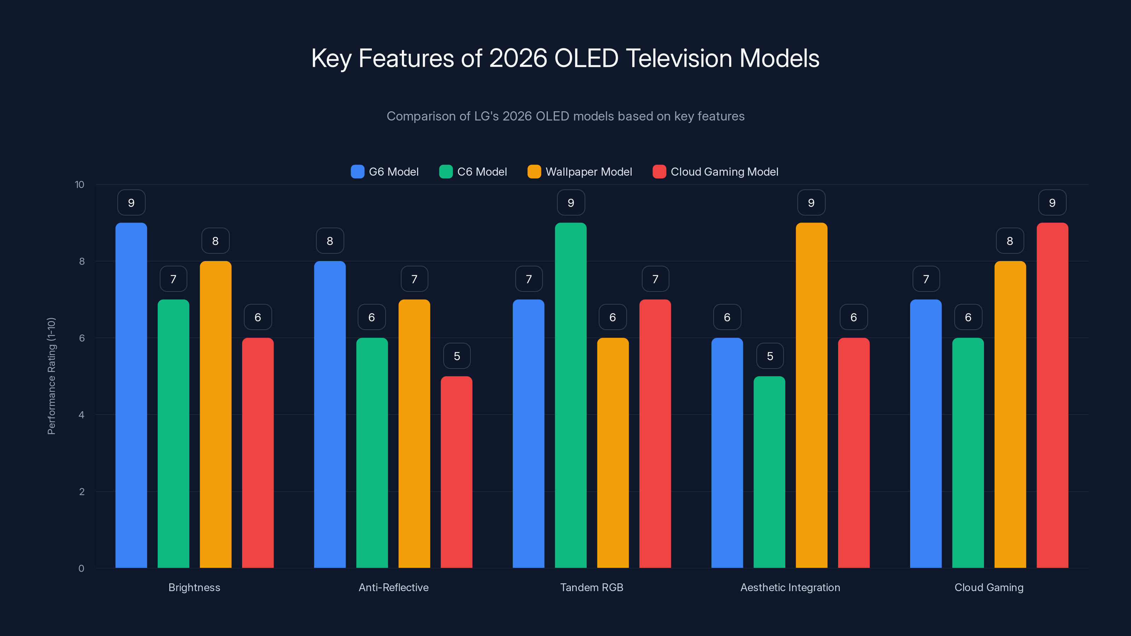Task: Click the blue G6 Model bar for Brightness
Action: point(131,395)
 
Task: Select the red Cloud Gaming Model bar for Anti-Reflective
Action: point(457,472)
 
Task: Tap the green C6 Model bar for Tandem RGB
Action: point(571,395)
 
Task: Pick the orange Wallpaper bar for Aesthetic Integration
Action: point(811,395)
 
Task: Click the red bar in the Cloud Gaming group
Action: point(1053,395)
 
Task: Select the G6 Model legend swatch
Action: point(357,172)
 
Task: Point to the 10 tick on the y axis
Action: point(80,184)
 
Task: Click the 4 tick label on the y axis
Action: point(81,415)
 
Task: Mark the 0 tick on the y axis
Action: point(81,569)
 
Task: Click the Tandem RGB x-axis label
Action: point(591,587)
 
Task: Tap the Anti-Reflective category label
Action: point(393,587)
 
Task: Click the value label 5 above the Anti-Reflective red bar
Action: point(457,356)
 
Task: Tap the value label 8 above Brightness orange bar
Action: point(215,241)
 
